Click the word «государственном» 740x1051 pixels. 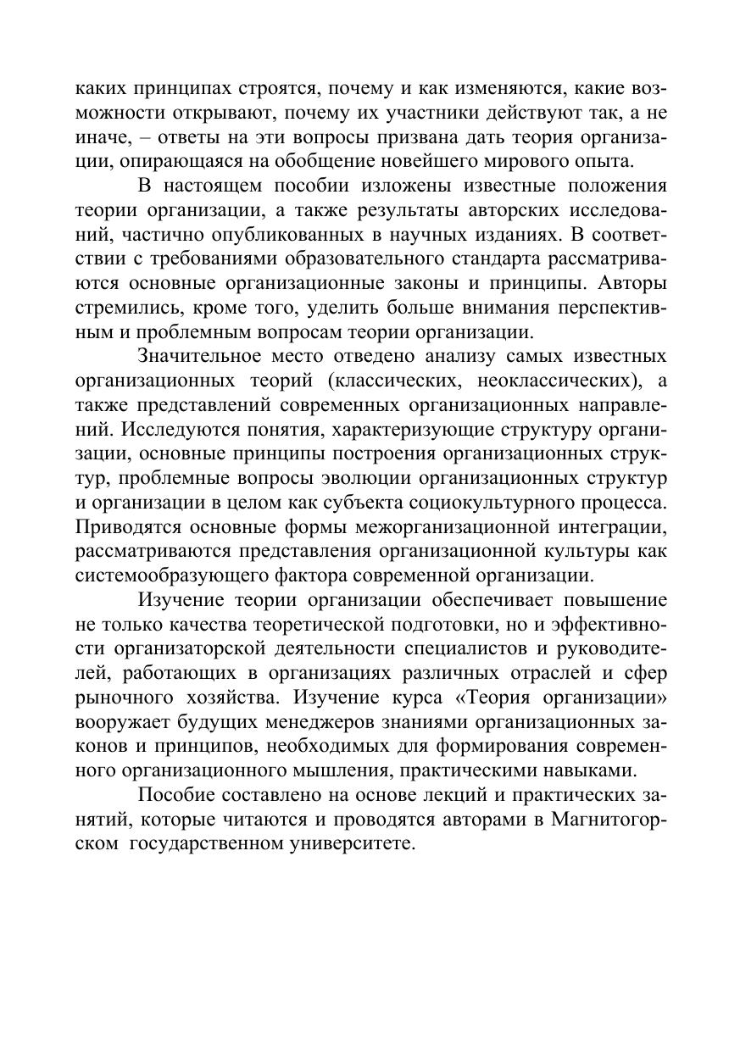(209, 845)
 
